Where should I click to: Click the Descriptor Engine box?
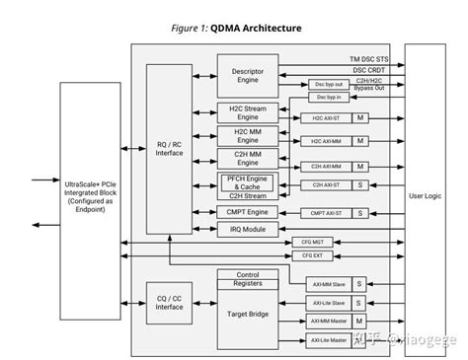(x=247, y=75)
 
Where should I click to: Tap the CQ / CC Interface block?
(x=169, y=302)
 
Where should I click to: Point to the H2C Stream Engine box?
(x=247, y=113)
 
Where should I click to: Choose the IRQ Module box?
(x=247, y=229)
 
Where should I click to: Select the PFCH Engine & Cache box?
(x=247, y=182)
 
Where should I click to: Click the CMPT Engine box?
(x=247, y=212)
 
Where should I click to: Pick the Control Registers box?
(x=247, y=278)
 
